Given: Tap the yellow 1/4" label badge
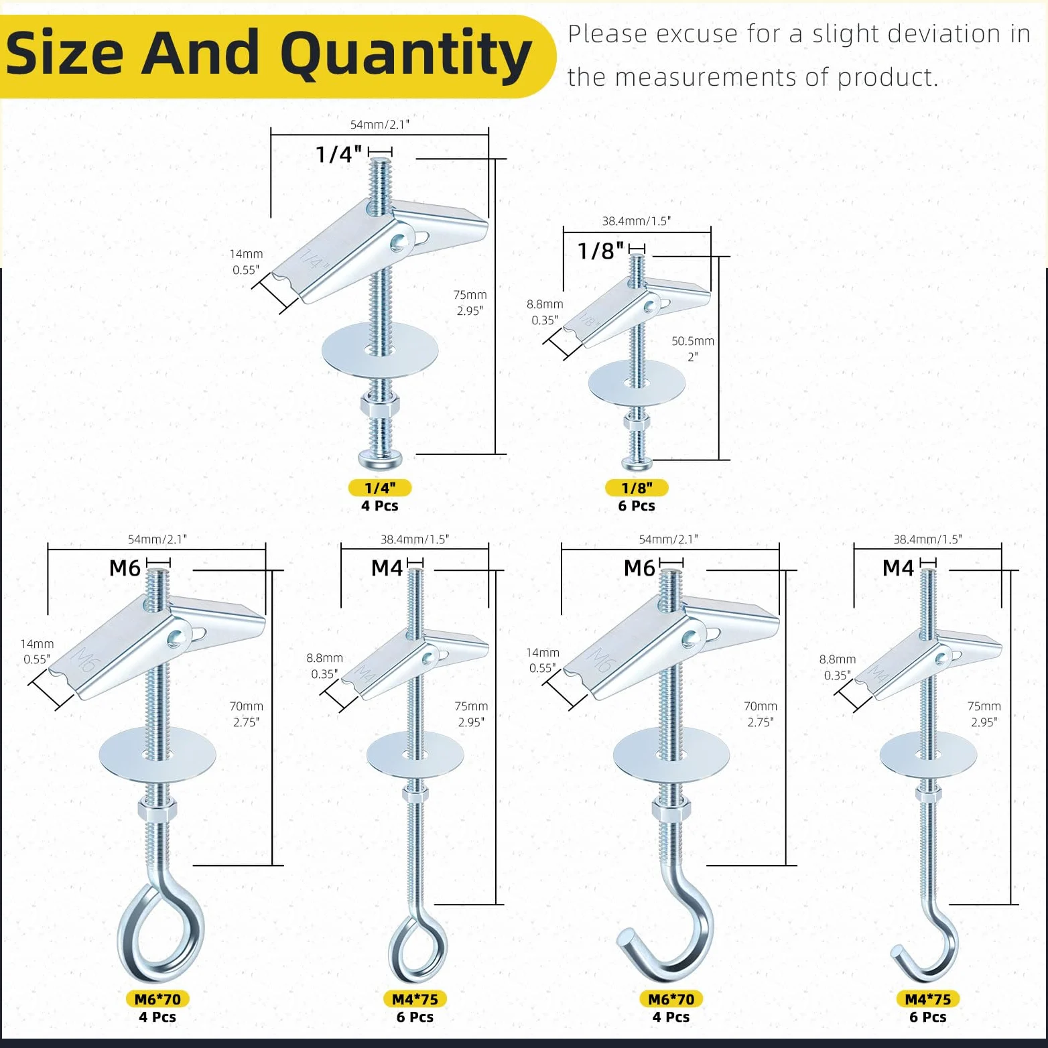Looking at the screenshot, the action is click(x=380, y=488).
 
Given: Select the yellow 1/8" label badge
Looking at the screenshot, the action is click(x=637, y=488).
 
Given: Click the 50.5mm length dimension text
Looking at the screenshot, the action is click(x=693, y=341).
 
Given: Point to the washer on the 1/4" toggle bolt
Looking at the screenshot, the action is click(x=380, y=352).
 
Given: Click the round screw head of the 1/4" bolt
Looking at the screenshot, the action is click(x=380, y=459).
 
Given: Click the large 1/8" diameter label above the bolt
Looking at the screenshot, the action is click(x=601, y=251).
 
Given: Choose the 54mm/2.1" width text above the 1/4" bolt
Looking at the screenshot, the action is click(x=380, y=125).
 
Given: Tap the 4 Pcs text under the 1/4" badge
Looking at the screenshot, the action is click(x=380, y=506).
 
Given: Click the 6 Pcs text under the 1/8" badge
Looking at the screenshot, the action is click(x=637, y=506).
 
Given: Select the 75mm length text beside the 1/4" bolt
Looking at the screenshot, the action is click(x=470, y=295).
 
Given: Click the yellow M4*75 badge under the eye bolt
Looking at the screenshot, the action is click(x=415, y=999).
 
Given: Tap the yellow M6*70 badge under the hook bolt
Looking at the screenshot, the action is click(x=671, y=999).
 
